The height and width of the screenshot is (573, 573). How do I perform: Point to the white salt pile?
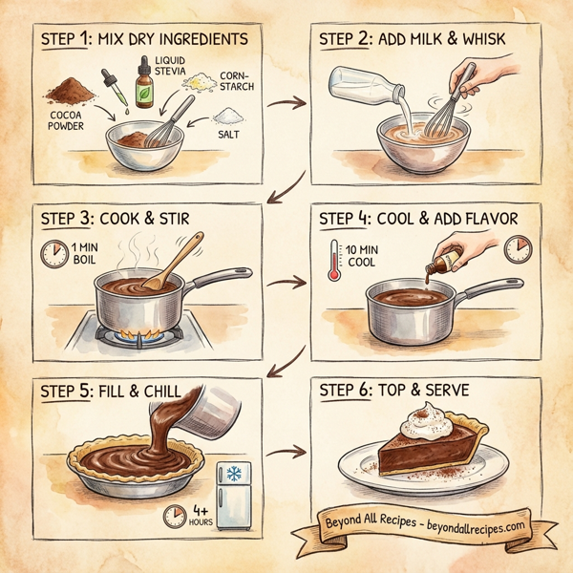point(228,117)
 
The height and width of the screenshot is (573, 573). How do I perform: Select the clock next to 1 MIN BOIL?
point(53,253)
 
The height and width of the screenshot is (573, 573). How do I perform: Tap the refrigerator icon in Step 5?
point(233,495)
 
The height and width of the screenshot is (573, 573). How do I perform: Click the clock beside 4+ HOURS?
point(174,516)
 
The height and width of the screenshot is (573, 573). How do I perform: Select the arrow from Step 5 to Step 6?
point(286,452)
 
